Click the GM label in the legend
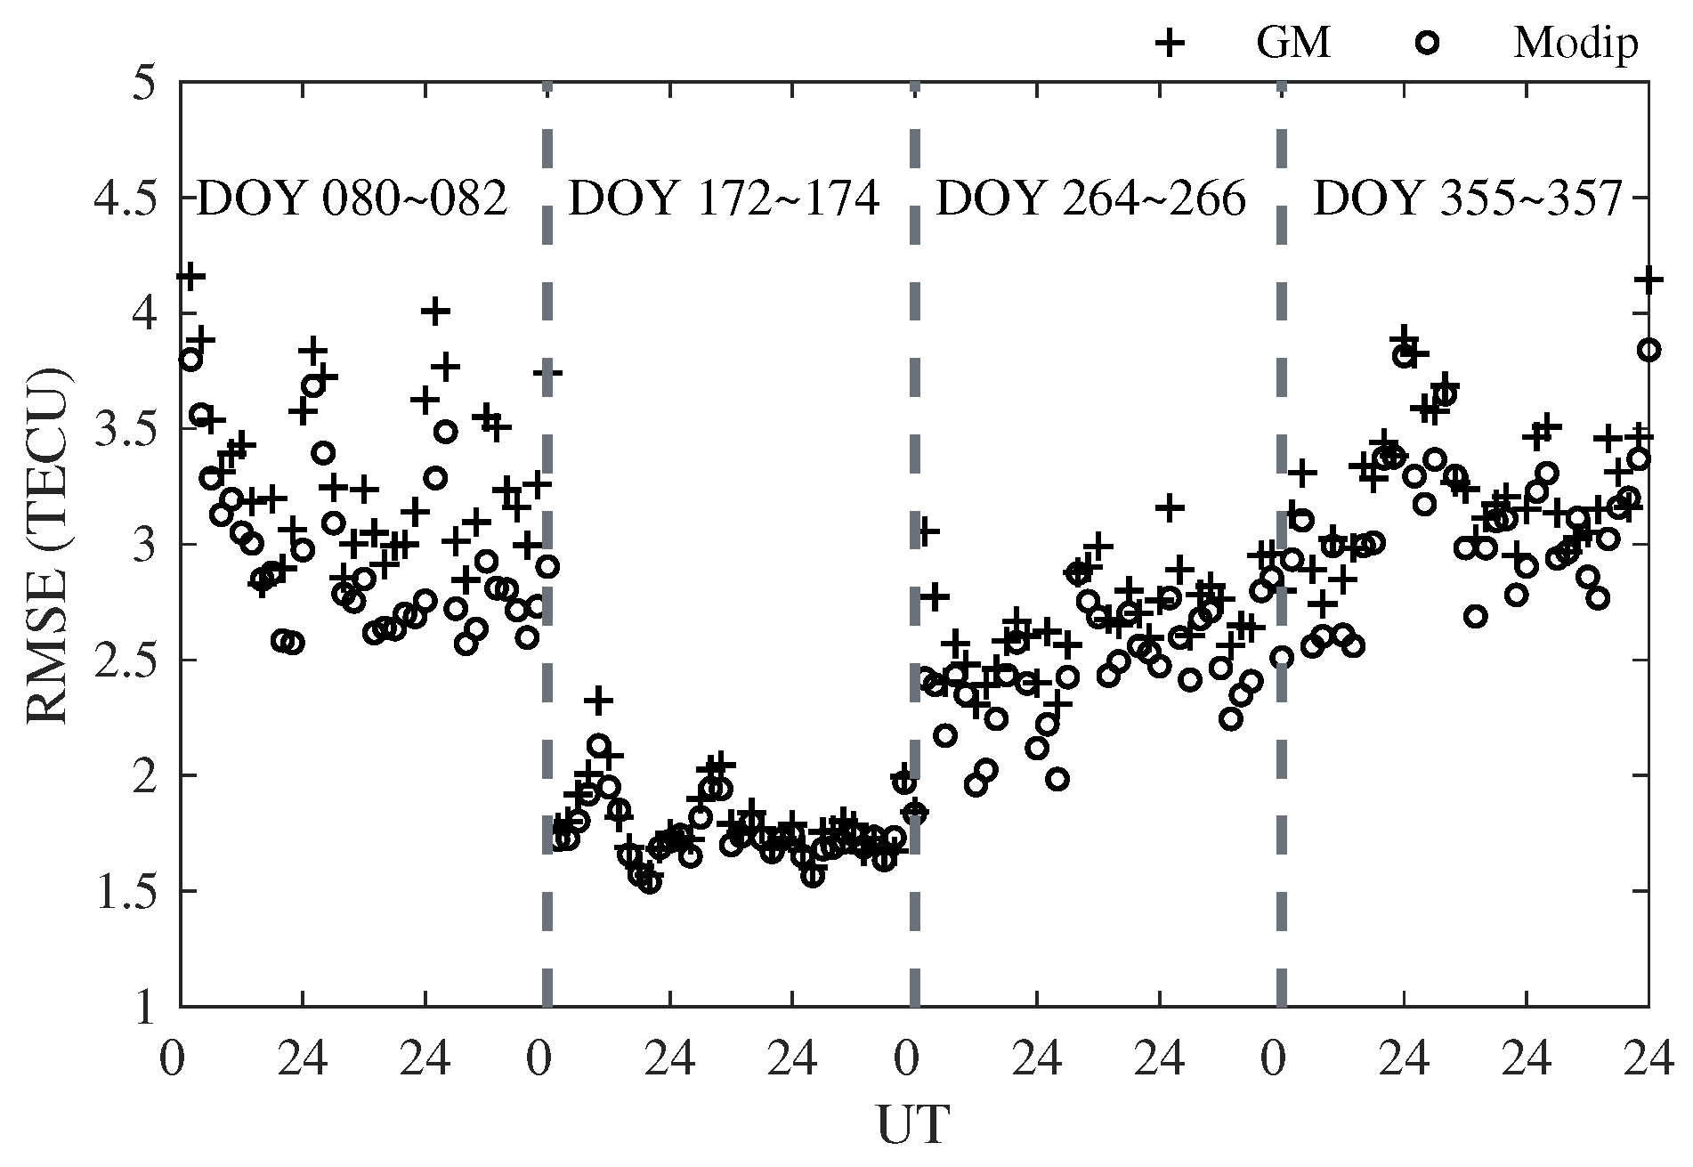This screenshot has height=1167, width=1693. [x=1293, y=42]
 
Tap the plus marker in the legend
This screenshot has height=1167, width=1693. [x=1171, y=43]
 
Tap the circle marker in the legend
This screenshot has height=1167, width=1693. [x=1428, y=43]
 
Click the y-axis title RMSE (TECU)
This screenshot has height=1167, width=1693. [x=49, y=545]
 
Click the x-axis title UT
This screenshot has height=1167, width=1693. [x=913, y=1125]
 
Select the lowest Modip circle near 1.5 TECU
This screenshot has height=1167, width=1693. [x=650, y=882]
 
